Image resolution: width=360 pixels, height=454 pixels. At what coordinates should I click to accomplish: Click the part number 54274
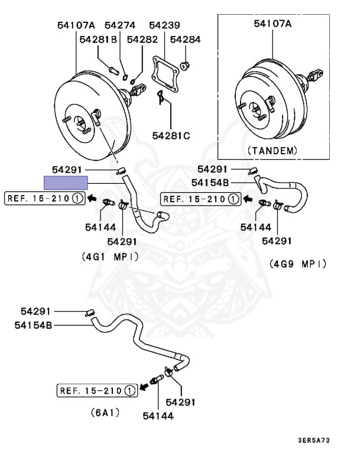tap(120, 25)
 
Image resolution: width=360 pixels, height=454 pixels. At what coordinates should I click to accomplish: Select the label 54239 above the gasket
tap(164, 25)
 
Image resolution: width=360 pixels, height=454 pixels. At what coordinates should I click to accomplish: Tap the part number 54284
tap(186, 40)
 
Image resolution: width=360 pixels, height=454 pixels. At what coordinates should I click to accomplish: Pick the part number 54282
tap(142, 40)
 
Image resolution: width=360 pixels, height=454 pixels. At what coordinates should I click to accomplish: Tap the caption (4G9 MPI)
tap(297, 263)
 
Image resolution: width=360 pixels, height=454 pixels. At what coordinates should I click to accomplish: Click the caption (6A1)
tap(103, 412)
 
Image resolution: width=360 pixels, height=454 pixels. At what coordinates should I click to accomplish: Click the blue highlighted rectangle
tap(66, 182)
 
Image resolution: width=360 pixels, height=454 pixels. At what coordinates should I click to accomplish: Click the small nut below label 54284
tap(183, 64)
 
